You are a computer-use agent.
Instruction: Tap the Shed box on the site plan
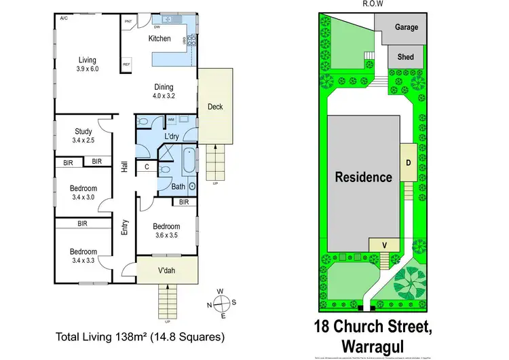405,57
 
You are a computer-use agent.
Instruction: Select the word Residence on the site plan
364,177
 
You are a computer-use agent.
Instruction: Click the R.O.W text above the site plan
374,4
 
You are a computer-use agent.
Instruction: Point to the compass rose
221,303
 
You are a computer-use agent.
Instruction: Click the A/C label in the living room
63,18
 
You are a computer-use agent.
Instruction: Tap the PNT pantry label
128,22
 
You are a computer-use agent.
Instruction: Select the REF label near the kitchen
126,65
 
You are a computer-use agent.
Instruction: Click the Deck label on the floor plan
214,107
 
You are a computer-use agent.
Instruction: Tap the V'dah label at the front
167,270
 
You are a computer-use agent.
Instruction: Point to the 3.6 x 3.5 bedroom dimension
166,235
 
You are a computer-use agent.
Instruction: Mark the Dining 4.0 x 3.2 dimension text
163,96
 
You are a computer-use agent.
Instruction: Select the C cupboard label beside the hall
147,165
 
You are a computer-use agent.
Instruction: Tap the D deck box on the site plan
409,163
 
